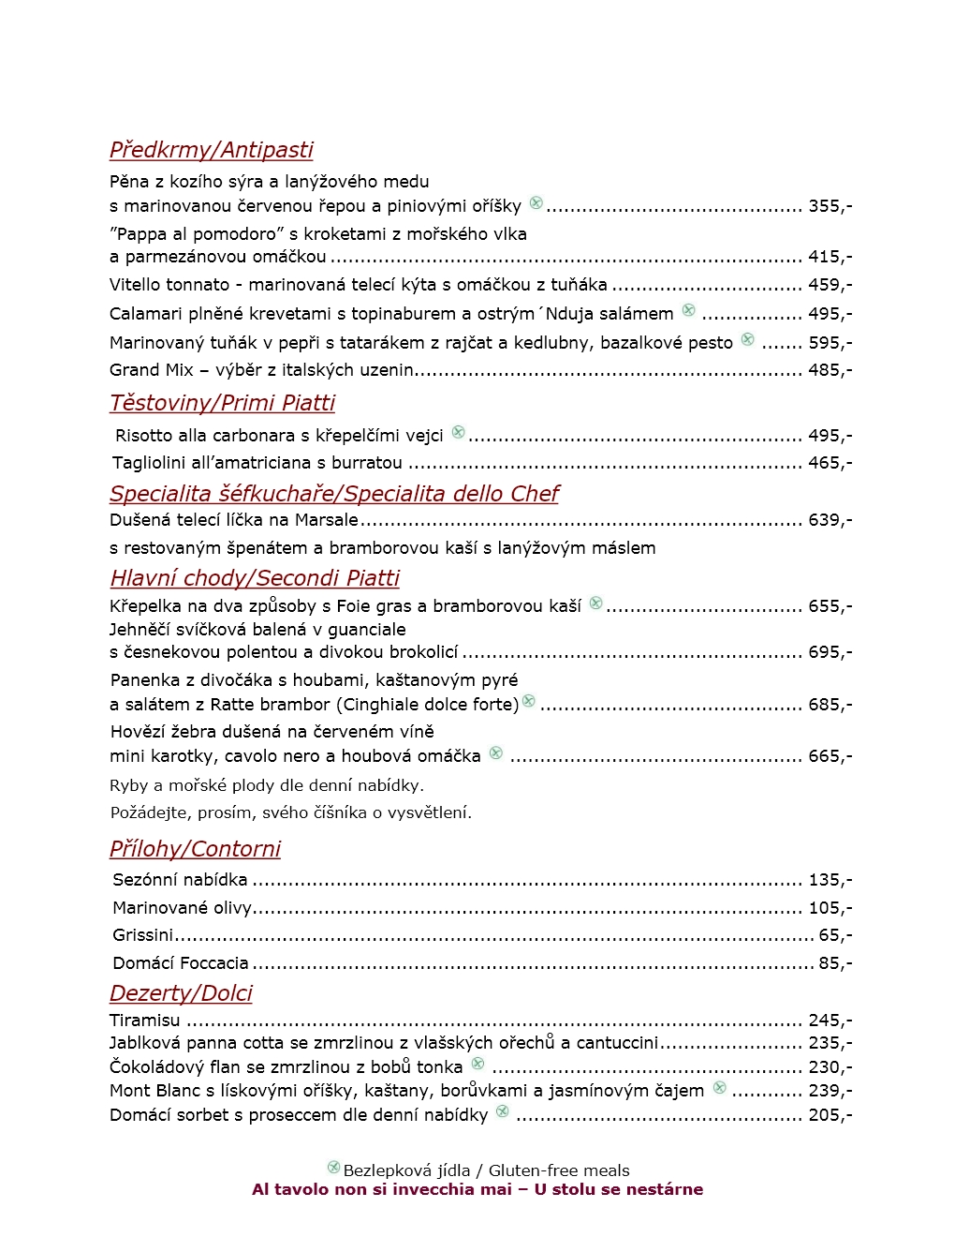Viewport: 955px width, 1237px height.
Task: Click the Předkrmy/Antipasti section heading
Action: [211, 150]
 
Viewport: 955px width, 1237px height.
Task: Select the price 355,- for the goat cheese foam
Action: [830, 206]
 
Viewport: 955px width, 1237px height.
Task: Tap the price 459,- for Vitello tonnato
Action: [830, 285]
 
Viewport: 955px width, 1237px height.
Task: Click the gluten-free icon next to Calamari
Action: [689, 310]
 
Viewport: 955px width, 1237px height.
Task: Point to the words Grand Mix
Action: [151, 370]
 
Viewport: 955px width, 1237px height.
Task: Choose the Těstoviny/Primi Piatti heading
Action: [222, 403]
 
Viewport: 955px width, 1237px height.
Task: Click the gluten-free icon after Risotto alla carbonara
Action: [458, 432]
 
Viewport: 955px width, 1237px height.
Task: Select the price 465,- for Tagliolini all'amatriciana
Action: [830, 463]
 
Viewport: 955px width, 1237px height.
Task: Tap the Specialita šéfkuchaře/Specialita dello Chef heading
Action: [334, 494]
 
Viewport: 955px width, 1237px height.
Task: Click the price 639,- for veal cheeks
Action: [830, 520]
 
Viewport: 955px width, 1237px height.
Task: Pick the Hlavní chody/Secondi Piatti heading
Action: [255, 578]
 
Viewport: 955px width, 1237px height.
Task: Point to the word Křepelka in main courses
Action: [145, 606]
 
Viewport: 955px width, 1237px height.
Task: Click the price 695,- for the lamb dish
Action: [830, 652]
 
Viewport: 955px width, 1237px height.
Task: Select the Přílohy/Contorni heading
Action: [195, 849]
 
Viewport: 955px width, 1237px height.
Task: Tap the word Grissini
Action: [142, 935]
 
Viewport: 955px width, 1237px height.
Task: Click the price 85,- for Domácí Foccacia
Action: [835, 963]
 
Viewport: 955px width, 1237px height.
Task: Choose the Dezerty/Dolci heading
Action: [181, 993]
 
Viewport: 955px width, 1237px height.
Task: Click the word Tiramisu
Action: [144, 1021]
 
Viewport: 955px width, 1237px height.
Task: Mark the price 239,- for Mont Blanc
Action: [830, 1091]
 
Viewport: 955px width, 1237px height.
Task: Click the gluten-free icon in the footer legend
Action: [333, 1168]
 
